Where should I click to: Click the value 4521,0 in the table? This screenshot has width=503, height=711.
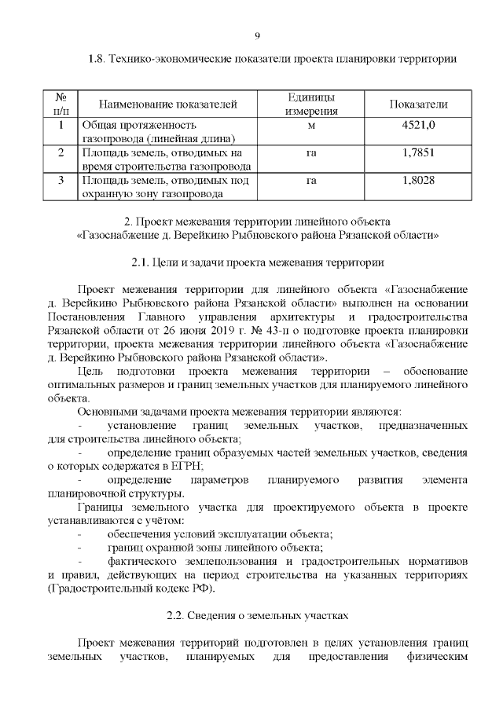pyautogui.click(x=418, y=124)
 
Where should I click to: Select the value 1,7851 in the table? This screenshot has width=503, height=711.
pyautogui.click(x=418, y=152)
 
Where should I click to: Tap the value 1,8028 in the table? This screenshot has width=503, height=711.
pyautogui.click(x=418, y=181)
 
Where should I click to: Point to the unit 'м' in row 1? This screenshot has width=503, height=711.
pyautogui.click(x=311, y=124)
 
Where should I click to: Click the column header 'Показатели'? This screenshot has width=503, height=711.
pyautogui.click(x=418, y=104)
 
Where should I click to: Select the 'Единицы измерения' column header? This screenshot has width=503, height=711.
pyautogui.click(x=311, y=104)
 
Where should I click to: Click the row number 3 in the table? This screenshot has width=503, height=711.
pyautogui.click(x=61, y=181)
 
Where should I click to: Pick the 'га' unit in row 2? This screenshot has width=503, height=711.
pyautogui.click(x=311, y=152)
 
